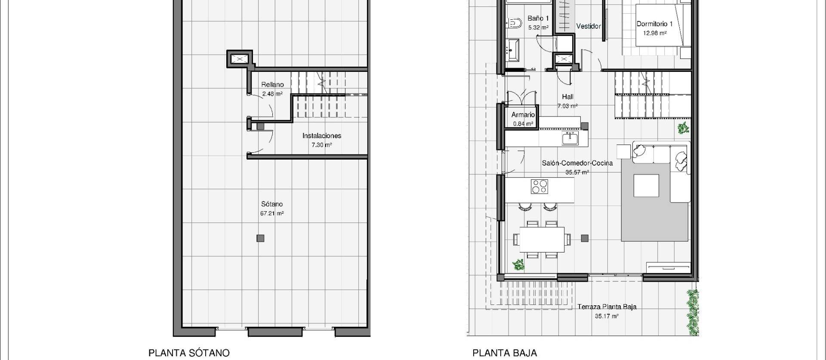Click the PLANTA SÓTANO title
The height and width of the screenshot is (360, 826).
(189, 353)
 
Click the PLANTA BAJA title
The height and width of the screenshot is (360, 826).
(504, 353)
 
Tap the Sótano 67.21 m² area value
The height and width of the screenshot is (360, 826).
(272, 213)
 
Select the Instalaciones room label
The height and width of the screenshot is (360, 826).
(321, 136)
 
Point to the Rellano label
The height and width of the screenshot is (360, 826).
(272, 85)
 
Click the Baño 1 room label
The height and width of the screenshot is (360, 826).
(538, 18)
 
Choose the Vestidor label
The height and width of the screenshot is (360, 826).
(588, 26)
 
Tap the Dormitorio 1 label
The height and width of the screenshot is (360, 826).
(654, 24)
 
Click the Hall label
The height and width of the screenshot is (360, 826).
(567, 97)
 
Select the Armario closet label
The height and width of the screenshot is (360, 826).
(523, 115)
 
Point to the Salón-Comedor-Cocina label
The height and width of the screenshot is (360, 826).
(577, 163)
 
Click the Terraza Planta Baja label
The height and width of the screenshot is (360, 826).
(607, 307)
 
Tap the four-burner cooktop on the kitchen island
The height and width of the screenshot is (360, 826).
(539, 187)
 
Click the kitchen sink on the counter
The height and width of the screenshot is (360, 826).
(570, 138)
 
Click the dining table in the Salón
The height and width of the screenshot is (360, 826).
(542, 240)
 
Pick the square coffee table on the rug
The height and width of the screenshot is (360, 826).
(646, 185)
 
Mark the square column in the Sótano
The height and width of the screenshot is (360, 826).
(260, 238)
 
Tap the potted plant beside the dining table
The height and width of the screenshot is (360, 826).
(518, 265)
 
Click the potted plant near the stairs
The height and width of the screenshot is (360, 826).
(682, 128)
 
